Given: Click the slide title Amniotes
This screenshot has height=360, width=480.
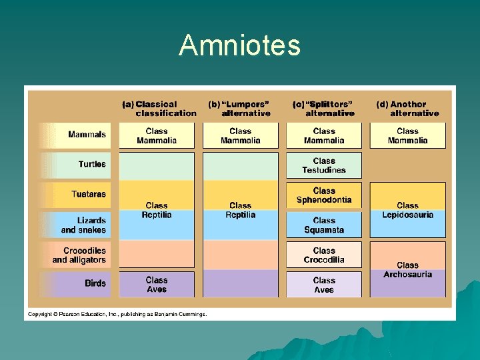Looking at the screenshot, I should (x=239, y=45).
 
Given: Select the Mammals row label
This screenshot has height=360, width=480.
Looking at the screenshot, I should (x=87, y=135).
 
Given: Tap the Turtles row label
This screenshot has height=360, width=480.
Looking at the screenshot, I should (x=92, y=164).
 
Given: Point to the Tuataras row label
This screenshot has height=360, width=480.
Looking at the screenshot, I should (x=89, y=194).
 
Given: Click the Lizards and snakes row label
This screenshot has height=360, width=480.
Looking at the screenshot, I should (x=84, y=225).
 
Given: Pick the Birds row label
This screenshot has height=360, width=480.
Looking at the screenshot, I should (x=95, y=283).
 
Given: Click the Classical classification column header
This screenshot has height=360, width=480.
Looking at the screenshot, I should (x=159, y=109).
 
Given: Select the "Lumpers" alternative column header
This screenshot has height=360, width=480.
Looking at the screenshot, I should (x=239, y=109).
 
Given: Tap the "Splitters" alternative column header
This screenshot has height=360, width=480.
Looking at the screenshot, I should (x=323, y=109).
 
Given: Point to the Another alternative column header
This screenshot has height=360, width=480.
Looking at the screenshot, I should (x=407, y=109).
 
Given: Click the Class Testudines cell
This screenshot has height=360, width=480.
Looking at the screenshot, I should (x=324, y=165).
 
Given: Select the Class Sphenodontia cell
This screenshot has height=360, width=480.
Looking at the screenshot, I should (x=324, y=195).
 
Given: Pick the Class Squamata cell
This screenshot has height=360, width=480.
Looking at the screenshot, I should (x=324, y=225).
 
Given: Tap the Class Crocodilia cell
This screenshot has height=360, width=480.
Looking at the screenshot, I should (x=324, y=255).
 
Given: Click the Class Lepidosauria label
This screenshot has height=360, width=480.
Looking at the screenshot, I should (x=407, y=210).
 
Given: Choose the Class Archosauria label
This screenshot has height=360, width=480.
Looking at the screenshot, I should (x=407, y=270).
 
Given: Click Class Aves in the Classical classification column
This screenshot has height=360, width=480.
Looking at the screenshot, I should (x=157, y=285).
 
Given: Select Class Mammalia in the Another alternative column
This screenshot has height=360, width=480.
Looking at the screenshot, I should (x=407, y=136).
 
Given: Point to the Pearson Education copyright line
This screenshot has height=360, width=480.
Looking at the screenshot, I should (x=117, y=314).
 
